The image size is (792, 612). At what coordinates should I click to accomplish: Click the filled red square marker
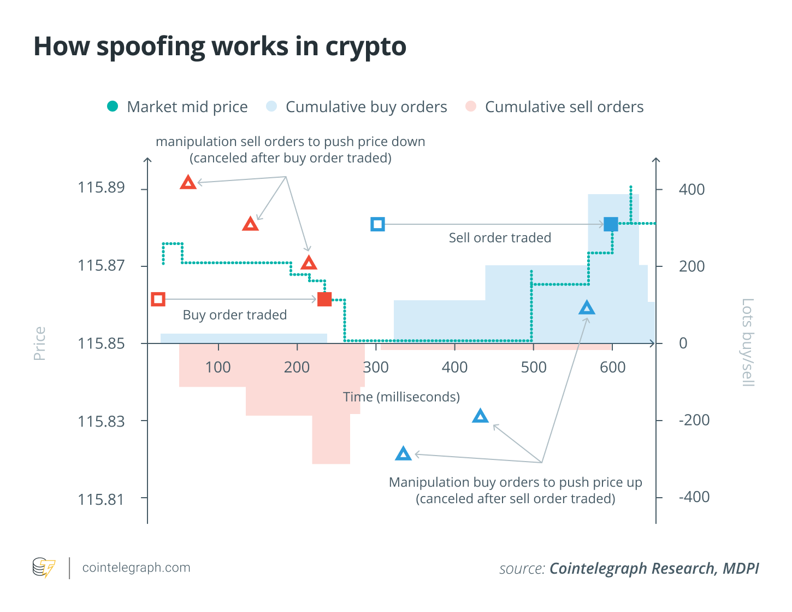[x=324, y=299]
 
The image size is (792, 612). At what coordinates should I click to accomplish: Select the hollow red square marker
[x=158, y=299]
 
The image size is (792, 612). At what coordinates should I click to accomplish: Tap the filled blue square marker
[x=611, y=224]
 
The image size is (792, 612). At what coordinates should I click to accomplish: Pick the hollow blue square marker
[x=377, y=224]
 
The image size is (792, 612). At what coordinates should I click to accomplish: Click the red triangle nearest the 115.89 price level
[x=188, y=183]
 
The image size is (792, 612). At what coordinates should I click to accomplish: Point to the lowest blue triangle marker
[x=403, y=454]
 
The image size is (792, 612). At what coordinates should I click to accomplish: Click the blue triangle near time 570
[x=587, y=308]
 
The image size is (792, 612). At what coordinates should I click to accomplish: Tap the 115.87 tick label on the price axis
[x=101, y=266]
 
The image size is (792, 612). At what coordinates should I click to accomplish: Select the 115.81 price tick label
[x=101, y=499]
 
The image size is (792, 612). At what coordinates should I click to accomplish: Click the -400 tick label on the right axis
[x=694, y=497]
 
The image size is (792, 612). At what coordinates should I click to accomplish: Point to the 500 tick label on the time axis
[x=534, y=368]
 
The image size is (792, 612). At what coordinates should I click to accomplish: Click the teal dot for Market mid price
[x=113, y=107]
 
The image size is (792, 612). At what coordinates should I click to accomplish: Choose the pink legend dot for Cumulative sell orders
[x=471, y=107]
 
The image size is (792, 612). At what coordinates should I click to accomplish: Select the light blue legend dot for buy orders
[x=271, y=107]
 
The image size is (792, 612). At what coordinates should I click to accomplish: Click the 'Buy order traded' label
[x=235, y=315]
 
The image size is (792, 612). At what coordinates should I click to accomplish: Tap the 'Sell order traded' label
[x=500, y=238]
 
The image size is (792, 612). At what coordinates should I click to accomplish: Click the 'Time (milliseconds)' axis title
[x=401, y=397]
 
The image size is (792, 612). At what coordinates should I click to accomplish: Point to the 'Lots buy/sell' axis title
[x=747, y=342]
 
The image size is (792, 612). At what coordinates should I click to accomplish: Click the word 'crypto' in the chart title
[x=366, y=47]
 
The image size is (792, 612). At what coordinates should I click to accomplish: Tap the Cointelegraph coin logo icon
[x=44, y=568]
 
